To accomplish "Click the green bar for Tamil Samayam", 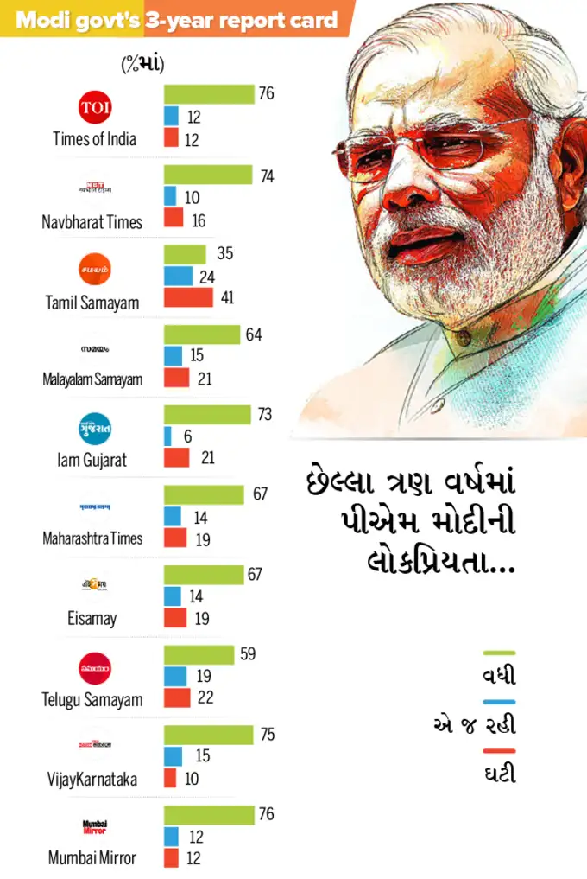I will point(185,254).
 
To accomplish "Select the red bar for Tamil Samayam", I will point(188,297).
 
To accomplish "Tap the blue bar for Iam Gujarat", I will point(167,436).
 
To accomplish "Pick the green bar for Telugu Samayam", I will point(199,654).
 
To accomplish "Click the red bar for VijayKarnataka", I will point(170,778).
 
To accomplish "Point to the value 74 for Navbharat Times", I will point(267,176).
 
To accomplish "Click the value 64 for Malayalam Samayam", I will point(254,334).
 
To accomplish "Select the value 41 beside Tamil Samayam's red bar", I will point(227,297).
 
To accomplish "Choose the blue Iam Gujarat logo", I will point(95,429).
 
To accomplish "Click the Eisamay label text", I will point(92,619).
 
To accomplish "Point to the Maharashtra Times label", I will point(92,538).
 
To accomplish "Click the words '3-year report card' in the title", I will point(242,20).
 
